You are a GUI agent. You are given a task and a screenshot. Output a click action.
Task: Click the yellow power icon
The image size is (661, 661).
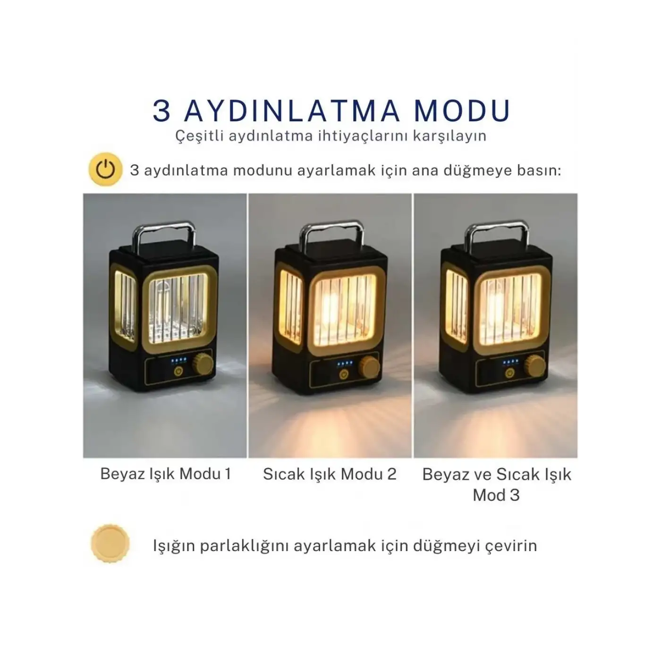[105, 169]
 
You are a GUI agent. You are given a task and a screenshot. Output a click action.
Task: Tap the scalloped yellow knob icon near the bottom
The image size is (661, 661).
[110, 543]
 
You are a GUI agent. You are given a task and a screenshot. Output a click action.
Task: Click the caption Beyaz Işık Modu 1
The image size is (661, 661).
[165, 474]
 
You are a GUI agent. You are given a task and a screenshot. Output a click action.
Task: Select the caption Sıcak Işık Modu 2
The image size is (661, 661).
[330, 474]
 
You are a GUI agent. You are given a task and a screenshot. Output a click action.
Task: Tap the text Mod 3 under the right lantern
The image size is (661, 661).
[496, 495]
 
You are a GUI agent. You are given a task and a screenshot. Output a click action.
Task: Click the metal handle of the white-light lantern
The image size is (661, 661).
[164, 235]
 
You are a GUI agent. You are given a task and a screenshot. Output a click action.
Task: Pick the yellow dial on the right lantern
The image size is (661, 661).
[535, 366]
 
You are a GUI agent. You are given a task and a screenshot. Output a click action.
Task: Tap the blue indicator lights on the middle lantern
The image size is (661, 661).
[345, 363]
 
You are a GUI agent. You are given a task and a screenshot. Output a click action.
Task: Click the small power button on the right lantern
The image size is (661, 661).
[509, 373]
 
